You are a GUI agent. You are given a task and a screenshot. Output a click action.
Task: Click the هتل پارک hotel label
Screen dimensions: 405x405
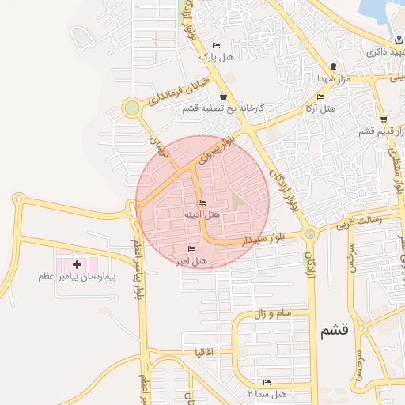(x=217, y=57)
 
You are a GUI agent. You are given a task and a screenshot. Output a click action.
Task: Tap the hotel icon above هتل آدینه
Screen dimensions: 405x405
(x=202, y=204)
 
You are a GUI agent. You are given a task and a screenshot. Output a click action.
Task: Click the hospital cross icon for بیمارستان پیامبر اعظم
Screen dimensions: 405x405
(x=77, y=263)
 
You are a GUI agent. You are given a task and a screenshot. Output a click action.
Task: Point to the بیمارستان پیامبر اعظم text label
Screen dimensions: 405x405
(x=77, y=278)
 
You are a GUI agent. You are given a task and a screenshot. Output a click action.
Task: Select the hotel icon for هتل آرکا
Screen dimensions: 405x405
(x=320, y=97)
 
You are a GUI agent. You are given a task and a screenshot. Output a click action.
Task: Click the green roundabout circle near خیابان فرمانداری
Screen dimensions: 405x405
(x=131, y=108)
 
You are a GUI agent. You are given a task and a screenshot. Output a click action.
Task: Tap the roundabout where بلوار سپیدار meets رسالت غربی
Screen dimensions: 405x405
(x=309, y=234)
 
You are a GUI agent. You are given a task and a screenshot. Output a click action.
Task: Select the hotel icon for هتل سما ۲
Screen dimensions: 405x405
(x=266, y=383)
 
